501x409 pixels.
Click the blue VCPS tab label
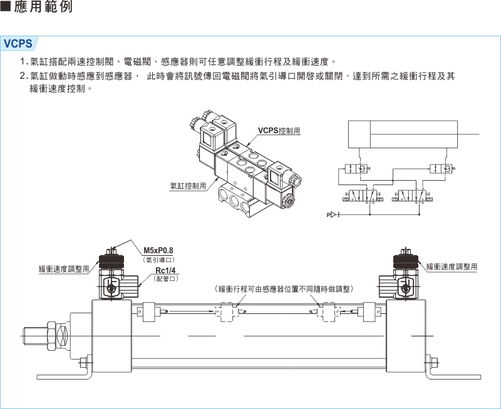(x=19, y=44)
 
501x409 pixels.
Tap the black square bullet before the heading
(x=7, y=9)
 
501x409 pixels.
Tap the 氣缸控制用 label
(x=188, y=186)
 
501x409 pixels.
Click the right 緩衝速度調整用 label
(x=452, y=267)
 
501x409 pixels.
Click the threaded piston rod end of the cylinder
(x=39, y=336)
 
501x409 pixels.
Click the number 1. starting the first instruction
(x=24, y=61)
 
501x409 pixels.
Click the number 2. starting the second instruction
(x=24, y=76)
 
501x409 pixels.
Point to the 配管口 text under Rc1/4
(x=166, y=279)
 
